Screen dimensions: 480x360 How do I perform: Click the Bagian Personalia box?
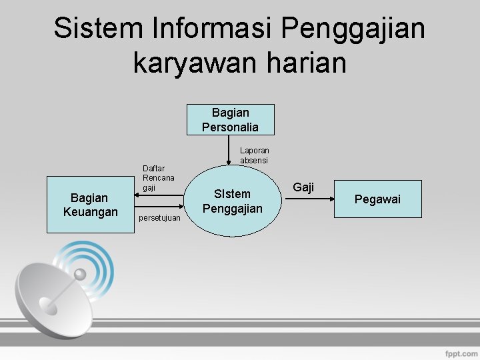tap(231, 119)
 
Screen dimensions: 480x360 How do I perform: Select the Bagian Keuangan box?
tap(90, 205)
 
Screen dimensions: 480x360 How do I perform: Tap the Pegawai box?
tap(377, 199)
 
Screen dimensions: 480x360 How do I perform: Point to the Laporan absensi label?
tap(254, 156)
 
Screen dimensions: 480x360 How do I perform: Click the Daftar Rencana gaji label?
tap(158, 178)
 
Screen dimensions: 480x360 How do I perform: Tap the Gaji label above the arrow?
tap(303, 187)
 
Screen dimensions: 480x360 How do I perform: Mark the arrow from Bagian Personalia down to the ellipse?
tap(231, 150)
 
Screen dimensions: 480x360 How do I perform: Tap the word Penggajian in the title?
tap(353, 29)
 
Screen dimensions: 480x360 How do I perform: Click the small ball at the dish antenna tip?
tap(80, 274)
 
